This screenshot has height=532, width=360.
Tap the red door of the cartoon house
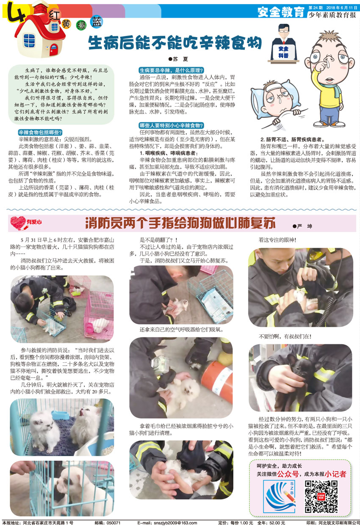pyautogui.click(x=53, y=50)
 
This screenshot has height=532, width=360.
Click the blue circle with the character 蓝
pyautogui.click(x=97, y=22)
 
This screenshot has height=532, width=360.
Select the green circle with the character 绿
pyautogui.click(x=81, y=25)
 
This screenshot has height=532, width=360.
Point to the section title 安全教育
pyautogui.click(x=281, y=11)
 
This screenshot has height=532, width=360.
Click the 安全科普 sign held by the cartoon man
pyautogui.click(x=283, y=52)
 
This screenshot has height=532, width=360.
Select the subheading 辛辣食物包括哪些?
pyautogui.click(x=40, y=132)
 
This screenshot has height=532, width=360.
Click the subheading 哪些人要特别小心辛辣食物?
pyautogui.click(x=172, y=125)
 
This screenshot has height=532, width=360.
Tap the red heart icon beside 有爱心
pyautogui.click(x=18, y=223)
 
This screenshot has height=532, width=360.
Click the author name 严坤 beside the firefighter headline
pyautogui.click(x=302, y=226)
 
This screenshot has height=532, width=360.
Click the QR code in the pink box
pyautogui.click(x=321, y=496)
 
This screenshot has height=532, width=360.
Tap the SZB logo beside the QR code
pyautogui.click(x=280, y=496)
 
